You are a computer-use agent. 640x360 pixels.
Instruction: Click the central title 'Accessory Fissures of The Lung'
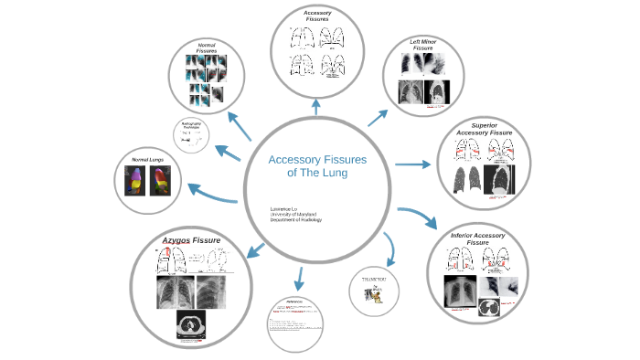316,165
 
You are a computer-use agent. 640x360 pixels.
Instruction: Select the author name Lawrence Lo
283,208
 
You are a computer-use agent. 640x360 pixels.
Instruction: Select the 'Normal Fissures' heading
207,48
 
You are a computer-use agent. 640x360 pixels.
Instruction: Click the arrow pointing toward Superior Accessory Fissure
412,165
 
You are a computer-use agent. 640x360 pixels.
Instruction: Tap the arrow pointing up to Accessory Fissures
316,108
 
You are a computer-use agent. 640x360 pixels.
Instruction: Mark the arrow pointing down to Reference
297,274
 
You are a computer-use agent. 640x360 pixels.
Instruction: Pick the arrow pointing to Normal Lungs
212,193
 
